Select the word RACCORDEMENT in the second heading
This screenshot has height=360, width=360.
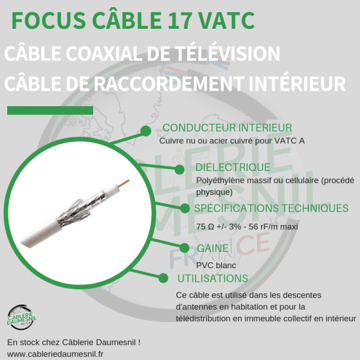[182, 83]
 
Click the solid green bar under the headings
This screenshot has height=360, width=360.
[50, 110]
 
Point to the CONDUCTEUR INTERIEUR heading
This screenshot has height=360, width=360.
[227, 128]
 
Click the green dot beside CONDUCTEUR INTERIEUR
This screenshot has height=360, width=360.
[145, 131]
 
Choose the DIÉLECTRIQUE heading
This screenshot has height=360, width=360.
[233, 167]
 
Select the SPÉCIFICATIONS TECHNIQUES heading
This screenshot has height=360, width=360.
[271, 208]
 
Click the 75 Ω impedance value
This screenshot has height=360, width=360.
[204, 227]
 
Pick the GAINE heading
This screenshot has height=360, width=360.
[212, 248]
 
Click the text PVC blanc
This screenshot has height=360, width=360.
[215, 265]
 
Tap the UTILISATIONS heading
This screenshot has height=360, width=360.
[212, 278]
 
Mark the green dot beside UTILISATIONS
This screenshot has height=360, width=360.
[163, 277]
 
